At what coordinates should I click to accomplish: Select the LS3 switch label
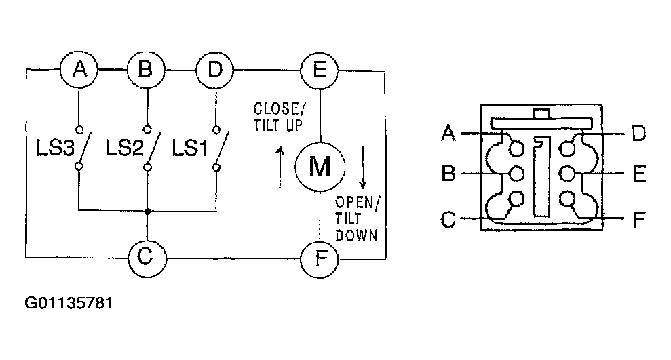[55, 148]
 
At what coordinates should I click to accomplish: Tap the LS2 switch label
[124, 148]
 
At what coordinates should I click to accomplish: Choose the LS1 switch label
[190, 148]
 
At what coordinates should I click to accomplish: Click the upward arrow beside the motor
[280, 167]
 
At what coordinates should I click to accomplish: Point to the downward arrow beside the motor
[363, 167]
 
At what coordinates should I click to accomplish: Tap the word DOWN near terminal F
[356, 235]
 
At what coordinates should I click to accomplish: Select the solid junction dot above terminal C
[147, 211]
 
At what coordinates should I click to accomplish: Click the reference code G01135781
[69, 303]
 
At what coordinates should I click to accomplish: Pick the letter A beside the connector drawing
[448, 133]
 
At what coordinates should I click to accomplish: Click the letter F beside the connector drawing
[638, 220]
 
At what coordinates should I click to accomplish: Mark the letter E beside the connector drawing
[639, 174]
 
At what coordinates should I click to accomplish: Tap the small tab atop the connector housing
[541, 114]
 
